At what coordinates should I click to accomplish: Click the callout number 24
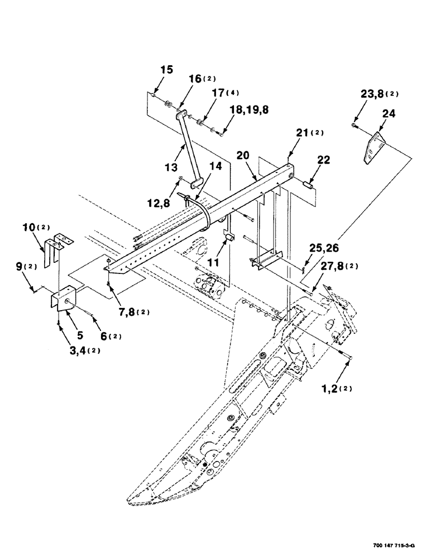pyautogui.click(x=389, y=114)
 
